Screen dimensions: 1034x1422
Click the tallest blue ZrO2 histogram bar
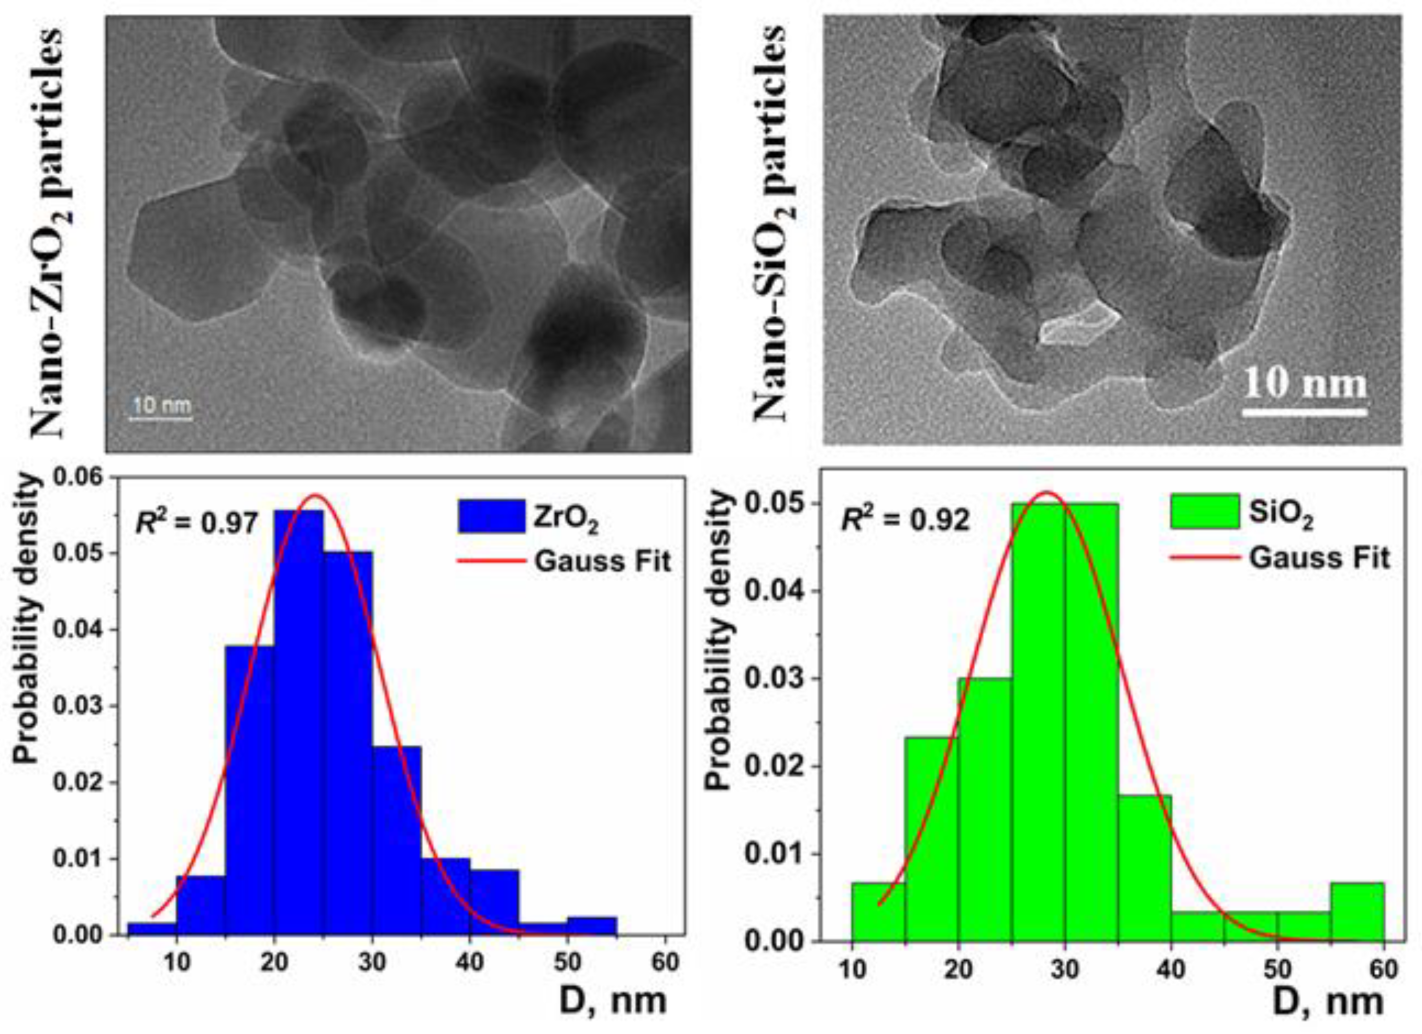[x=298, y=721]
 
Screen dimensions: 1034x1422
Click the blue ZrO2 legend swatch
[x=491, y=516]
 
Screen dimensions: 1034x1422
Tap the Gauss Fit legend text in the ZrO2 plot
[x=602, y=560]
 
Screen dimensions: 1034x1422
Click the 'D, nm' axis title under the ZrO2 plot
[x=613, y=1001]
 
